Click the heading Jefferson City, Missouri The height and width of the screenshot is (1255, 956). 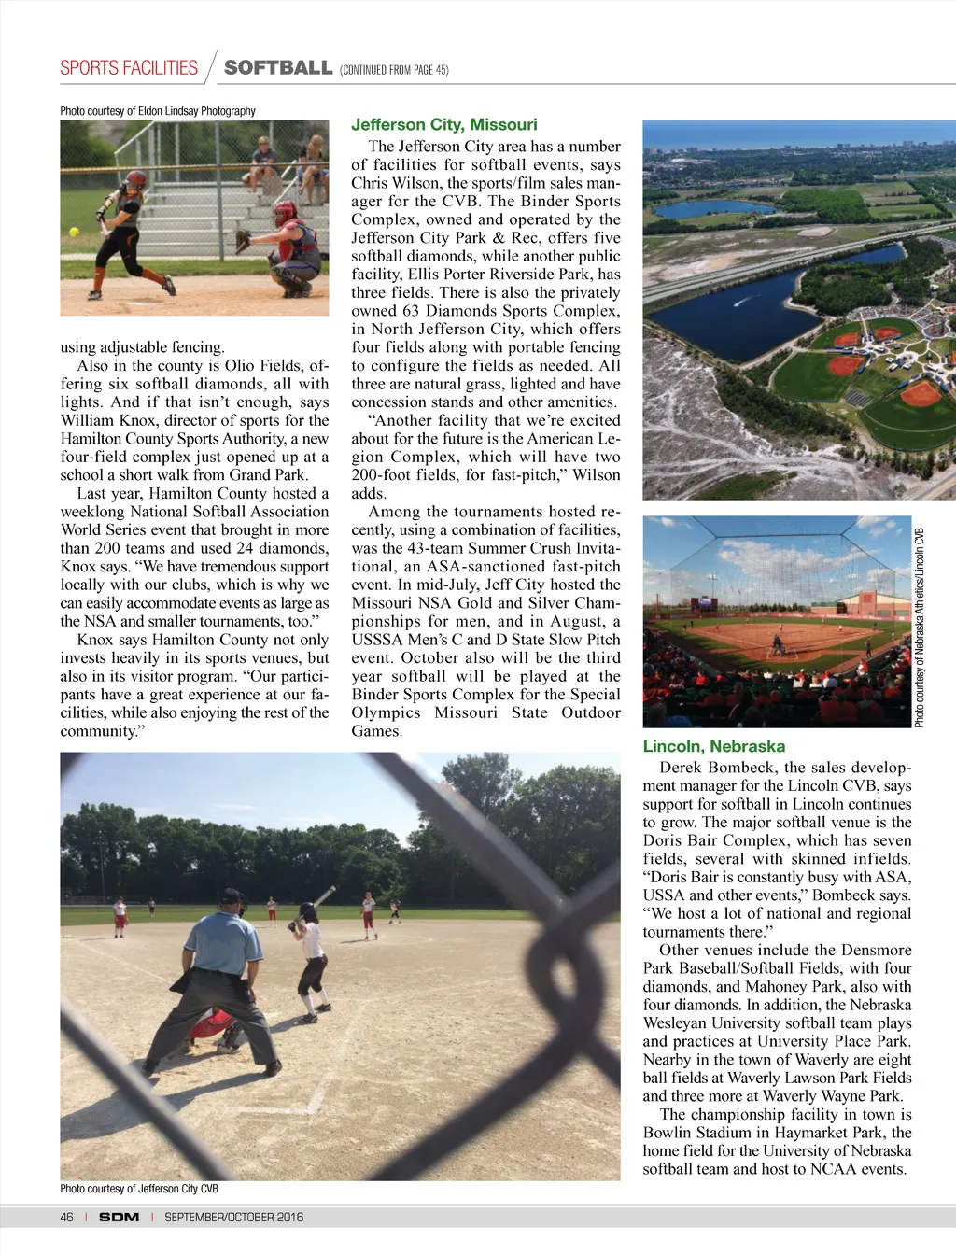point(443,125)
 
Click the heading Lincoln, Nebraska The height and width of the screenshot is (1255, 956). point(713,746)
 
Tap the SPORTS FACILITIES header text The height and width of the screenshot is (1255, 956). point(129,68)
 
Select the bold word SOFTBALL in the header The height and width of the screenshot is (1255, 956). point(278,68)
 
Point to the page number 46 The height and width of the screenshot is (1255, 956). point(66,1217)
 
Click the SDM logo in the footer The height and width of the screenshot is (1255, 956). point(119,1217)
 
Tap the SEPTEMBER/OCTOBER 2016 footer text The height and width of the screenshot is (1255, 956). point(233,1217)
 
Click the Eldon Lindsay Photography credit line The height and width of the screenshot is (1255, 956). point(158,111)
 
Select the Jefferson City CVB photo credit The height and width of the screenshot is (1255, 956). point(139,1189)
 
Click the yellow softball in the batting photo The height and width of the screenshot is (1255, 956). point(74,232)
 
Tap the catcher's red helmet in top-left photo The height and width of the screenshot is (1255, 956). point(285,212)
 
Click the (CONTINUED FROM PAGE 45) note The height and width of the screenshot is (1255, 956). point(394,70)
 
